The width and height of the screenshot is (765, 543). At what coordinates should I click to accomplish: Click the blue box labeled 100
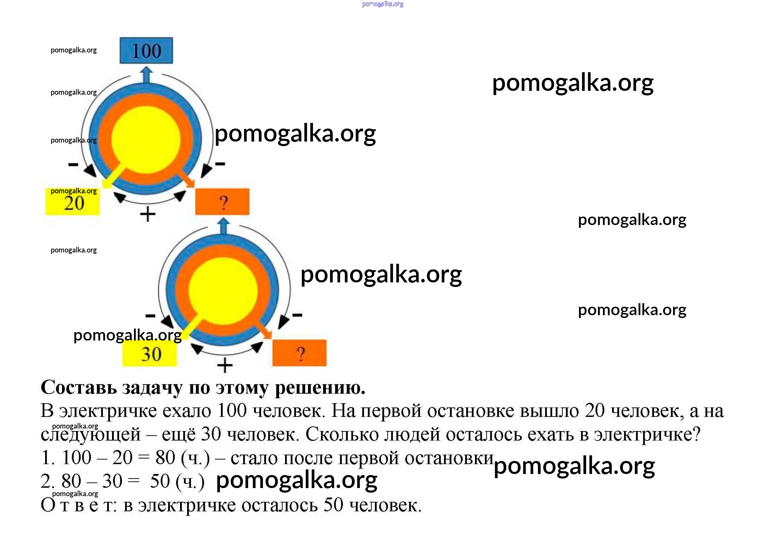(146, 50)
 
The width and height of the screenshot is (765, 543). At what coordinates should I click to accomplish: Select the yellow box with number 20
(73, 203)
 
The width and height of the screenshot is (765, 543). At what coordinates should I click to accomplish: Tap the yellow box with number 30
(150, 354)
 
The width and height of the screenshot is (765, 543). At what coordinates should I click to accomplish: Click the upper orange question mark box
(222, 202)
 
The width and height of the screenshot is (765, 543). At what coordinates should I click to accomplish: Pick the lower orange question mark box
(300, 353)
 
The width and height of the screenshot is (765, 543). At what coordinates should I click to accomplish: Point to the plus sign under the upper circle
(148, 214)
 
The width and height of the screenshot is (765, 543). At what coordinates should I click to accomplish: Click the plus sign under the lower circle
(225, 365)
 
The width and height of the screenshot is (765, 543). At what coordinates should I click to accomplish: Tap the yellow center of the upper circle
(146, 139)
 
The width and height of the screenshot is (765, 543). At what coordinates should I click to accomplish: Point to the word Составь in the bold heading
(79, 388)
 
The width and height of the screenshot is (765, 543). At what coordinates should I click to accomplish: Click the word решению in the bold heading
(320, 388)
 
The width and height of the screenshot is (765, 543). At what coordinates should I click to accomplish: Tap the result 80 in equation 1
(165, 458)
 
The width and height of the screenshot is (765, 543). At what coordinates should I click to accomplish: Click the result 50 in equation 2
(160, 481)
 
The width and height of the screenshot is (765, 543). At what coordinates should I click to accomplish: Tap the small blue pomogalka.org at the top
(383, 4)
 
